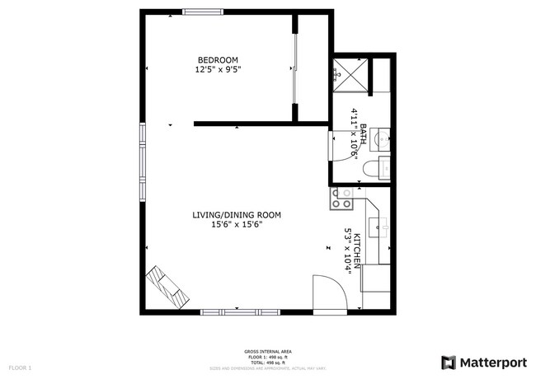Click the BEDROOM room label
(x=218, y=59)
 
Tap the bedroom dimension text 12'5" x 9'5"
(x=218, y=69)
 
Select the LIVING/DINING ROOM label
(x=237, y=215)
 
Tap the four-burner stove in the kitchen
(x=341, y=198)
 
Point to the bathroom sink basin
(x=382, y=138)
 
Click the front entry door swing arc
(x=329, y=292)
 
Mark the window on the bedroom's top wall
(x=202, y=11)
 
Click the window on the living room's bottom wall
(x=239, y=312)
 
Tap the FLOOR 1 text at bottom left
(x=19, y=367)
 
